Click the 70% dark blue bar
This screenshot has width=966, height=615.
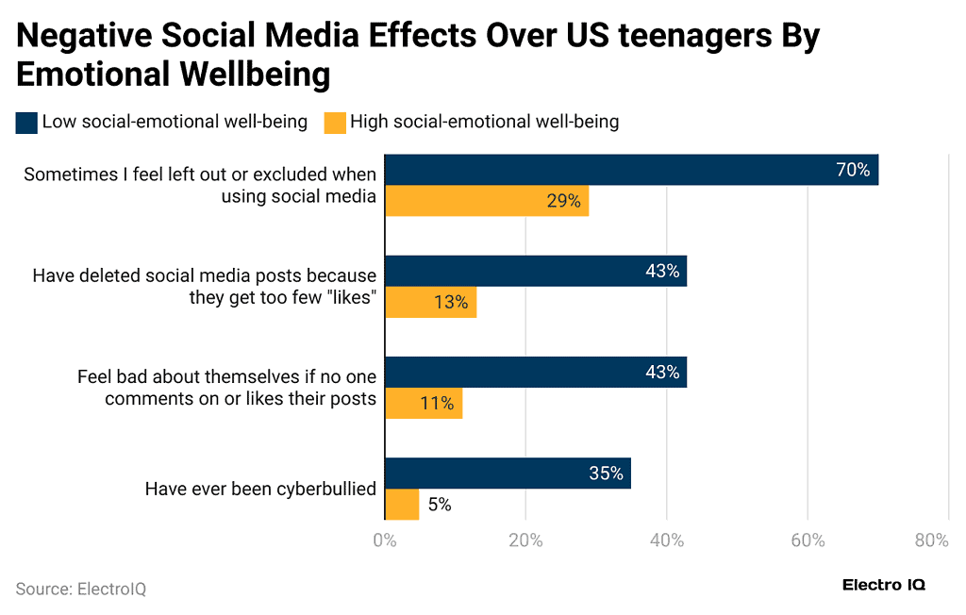coord(631,170)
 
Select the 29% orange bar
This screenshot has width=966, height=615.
coord(487,201)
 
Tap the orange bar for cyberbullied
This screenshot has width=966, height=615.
coord(402,504)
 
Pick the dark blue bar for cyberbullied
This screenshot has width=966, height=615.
coord(508,474)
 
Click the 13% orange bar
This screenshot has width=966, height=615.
coord(430,302)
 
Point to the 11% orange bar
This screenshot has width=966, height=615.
coord(424,403)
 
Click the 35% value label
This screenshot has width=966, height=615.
coord(606,474)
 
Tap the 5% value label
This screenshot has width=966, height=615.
coord(439,505)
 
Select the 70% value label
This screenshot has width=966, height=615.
coord(852,171)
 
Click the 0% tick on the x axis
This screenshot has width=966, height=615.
coord(385,540)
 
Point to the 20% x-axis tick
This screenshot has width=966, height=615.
coord(525,540)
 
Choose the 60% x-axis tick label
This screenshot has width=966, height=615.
coord(808,540)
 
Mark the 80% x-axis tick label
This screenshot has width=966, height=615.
coord(931,540)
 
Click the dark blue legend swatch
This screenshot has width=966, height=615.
coord(26,122)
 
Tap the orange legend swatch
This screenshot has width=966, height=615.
coord(334,122)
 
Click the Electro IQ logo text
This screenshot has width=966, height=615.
coord(883,585)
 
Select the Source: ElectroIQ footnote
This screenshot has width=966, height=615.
coord(81,589)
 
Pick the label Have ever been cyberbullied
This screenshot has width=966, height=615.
coord(260,489)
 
